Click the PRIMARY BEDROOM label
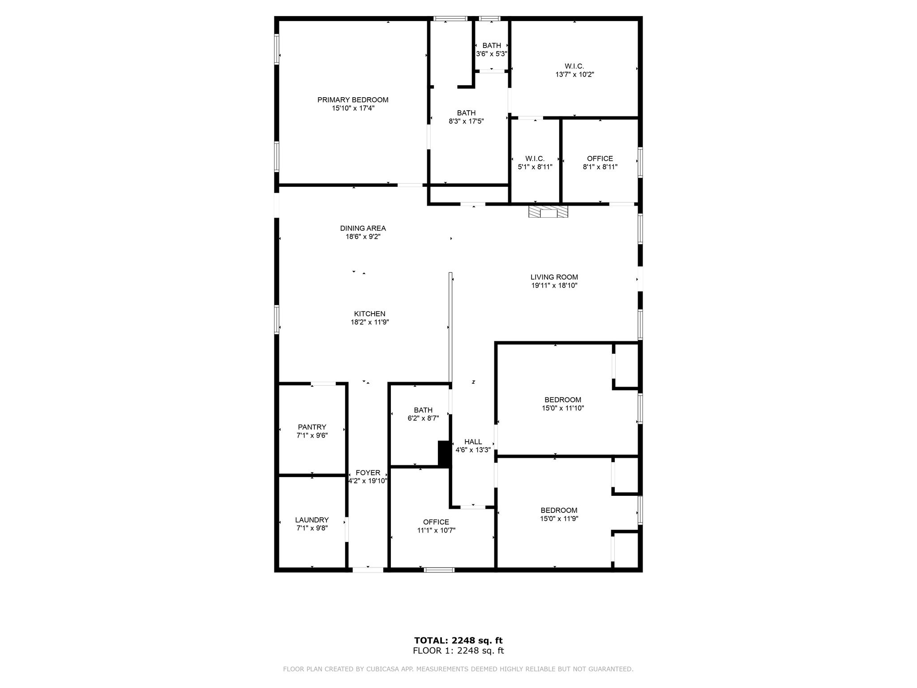pyautogui.click(x=353, y=100)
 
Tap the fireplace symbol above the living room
pyautogui.click(x=548, y=211)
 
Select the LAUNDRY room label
pyautogui.click(x=312, y=520)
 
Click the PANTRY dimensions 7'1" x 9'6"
pyautogui.click(x=312, y=435)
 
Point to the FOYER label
pyautogui.click(x=368, y=473)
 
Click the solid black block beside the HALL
pyautogui.click(x=443, y=454)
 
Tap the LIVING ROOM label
pyautogui.click(x=554, y=277)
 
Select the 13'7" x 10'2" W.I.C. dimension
pyautogui.click(x=574, y=75)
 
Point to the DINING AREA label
pyautogui.click(x=363, y=228)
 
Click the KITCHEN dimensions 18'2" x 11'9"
pyautogui.click(x=369, y=322)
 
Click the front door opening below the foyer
pyautogui.click(x=368, y=570)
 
